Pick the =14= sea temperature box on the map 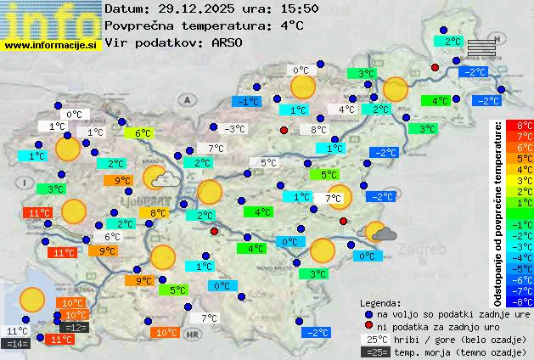click(17, 344)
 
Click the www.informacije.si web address click(52, 44)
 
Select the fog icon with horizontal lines click(481, 46)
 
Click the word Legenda click(380, 303)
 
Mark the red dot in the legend click(368, 326)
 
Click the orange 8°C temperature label click(159, 212)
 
